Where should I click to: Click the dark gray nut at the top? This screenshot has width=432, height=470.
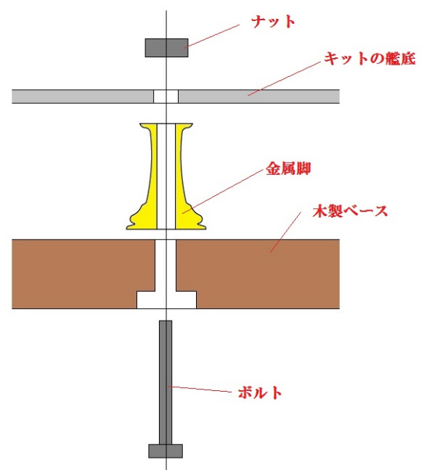tap(166, 48)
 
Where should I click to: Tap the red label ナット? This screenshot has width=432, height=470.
tap(273, 22)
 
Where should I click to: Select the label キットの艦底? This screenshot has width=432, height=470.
tap(370, 58)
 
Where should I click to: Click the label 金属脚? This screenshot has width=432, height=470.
tap(288, 168)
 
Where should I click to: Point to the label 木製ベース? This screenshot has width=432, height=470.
tap(350, 211)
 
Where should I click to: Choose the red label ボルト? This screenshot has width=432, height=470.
tap(260, 392)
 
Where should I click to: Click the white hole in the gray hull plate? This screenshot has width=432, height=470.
tap(166, 96)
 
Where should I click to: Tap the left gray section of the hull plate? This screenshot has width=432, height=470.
tap(83, 96)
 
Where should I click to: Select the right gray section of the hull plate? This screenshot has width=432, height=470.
tap(259, 96)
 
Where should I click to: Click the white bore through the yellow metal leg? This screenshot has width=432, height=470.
tap(166, 176)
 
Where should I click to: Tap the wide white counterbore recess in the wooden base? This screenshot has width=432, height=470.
tap(166, 300)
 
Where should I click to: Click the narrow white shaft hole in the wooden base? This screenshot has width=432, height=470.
tap(166, 265)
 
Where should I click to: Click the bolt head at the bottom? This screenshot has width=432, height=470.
tap(166, 451)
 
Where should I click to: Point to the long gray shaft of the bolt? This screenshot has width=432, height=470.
tap(166, 382)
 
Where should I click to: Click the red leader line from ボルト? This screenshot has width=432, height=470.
tap(200, 389)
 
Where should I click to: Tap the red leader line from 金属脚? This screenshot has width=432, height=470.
tap(223, 191)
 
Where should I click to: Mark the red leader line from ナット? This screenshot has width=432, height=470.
tap(213, 36)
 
